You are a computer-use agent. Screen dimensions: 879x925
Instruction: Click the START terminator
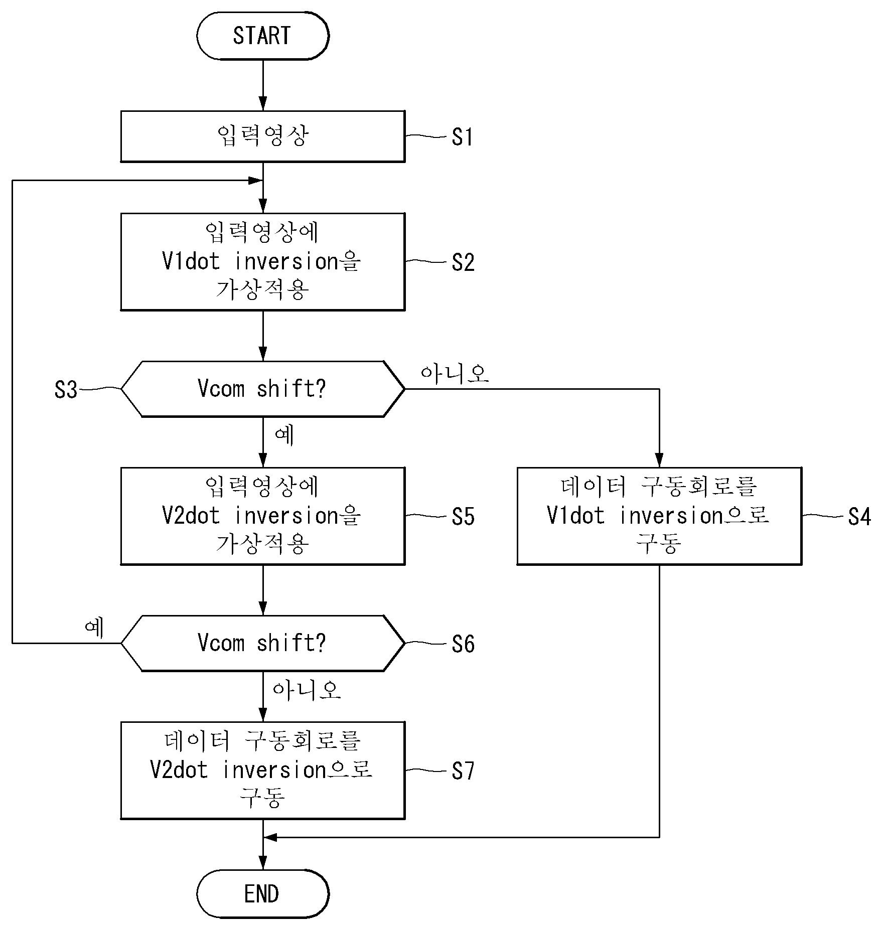click(262, 36)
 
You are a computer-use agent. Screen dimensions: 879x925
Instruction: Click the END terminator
click(262, 894)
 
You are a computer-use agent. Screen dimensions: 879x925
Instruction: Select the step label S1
click(462, 137)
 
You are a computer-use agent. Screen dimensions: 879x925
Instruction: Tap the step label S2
click(463, 262)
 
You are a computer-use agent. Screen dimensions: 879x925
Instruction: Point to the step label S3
click(66, 390)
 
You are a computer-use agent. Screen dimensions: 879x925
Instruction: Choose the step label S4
click(859, 517)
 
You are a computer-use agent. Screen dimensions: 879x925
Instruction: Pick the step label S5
click(463, 517)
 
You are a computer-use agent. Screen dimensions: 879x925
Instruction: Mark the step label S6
click(463, 644)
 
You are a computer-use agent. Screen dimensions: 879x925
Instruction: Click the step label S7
click(463, 771)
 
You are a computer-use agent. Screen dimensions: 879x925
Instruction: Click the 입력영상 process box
click(262, 136)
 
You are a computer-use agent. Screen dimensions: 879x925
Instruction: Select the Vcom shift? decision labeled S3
click(262, 389)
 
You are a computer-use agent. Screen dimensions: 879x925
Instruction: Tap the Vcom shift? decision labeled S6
click(262, 643)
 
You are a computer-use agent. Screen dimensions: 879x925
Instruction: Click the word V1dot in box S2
click(191, 261)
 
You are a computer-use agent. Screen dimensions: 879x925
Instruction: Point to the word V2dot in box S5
click(191, 516)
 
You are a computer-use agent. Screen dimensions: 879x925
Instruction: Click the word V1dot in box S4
click(576, 516)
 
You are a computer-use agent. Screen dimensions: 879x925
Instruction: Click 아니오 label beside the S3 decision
click(455, 373)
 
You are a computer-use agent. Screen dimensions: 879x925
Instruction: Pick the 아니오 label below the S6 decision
click(307, 691)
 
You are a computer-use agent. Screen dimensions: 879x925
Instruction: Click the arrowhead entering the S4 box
click(659, 460)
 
